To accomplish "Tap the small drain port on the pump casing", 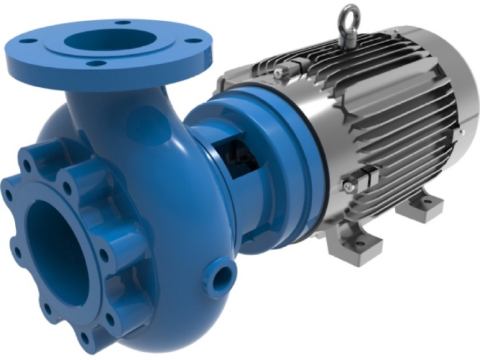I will [223, 275].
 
